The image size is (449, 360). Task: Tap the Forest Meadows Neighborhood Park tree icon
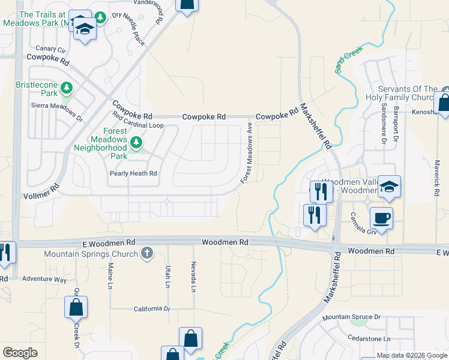click(137, 143)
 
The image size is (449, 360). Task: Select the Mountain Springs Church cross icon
click(148, 253)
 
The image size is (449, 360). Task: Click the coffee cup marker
click(381, 217)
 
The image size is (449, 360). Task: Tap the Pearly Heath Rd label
click(133, 173)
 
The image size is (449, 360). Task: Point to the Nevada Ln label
click(193, 277)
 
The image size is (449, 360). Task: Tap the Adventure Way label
click(44, 279)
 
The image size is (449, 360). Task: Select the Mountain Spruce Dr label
click(351, 317)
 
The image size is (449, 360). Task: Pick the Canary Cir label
click(50, 49)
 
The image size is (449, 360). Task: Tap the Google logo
click(20, 353)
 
